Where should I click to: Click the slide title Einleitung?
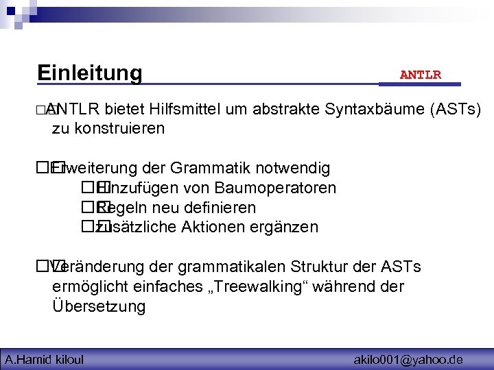[x=89, y=73]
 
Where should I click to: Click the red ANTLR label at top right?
[x=420, y=75]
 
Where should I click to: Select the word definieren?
[x=222, y=208]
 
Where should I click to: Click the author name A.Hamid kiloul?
[x=44, y=359]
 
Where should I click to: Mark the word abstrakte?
[x=287, y=109]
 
